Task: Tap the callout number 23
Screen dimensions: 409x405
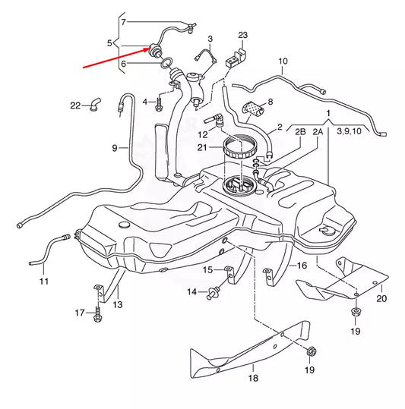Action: (242, 36)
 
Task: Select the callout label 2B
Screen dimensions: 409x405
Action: (300, 131)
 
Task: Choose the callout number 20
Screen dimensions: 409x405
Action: (381, 298)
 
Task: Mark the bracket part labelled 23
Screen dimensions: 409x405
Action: (241, 55)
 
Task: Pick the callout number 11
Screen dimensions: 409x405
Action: (43, 282)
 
